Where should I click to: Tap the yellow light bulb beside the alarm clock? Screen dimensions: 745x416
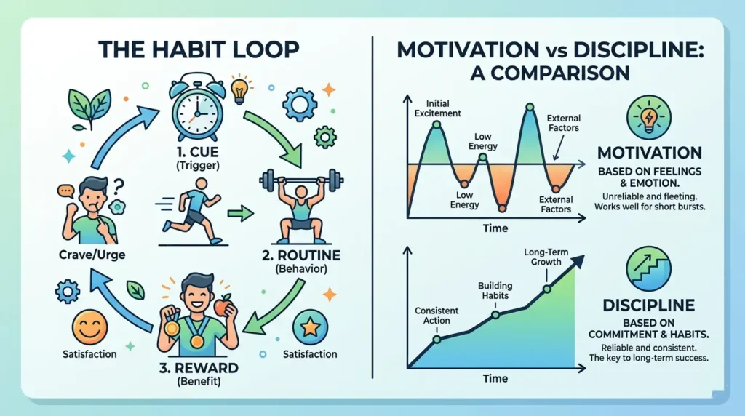pos(239,90)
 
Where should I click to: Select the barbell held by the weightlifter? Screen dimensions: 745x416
pos(301,180)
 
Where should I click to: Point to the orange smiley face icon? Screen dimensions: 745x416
pos(89,328)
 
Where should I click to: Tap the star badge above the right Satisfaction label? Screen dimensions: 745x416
pos(310,327)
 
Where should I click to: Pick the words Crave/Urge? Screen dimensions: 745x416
pos(92,255)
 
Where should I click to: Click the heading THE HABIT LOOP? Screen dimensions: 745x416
pos(199,49)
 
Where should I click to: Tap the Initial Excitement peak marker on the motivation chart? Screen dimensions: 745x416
pos(437,125)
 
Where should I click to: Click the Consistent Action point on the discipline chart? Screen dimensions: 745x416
pos(437,339)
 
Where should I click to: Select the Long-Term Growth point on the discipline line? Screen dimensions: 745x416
pos(547,289)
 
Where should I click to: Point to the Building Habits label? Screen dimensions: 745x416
pos(495,291)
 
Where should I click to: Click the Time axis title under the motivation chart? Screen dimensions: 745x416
pos(495,228)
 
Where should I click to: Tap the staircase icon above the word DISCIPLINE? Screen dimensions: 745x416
pos(648,269)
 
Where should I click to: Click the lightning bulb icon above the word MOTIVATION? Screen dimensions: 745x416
pos(649,117)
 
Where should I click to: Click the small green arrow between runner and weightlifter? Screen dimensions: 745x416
pos(240,214)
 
